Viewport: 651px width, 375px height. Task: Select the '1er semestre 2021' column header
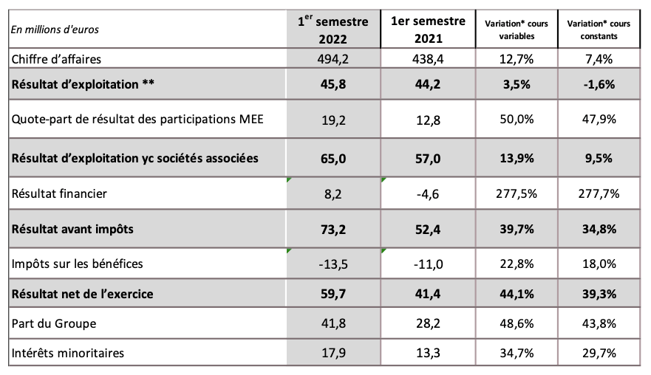point(428,29)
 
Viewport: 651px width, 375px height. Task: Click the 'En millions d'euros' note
point(55,30)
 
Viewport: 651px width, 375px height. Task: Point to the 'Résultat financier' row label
point(58,194)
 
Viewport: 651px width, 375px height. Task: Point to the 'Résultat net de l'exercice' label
point(82,295)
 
